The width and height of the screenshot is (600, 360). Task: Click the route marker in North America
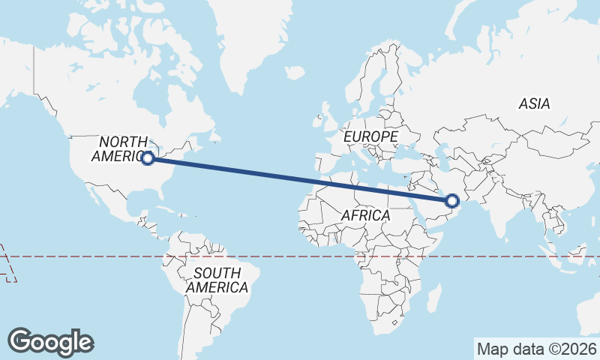click(148, 157)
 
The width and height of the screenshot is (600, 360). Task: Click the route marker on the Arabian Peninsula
click(452, 200)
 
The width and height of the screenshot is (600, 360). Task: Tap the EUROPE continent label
click(370, 136)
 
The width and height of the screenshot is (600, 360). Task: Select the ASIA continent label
click(534, 104)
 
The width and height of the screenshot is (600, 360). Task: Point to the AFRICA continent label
click(365, 215)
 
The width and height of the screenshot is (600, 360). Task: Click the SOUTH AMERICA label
click(217, 280)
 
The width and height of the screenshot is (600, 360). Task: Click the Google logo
click(51, 342)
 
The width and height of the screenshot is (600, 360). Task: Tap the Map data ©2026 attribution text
click(536, 349)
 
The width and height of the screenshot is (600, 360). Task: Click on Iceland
click(294, 73)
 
